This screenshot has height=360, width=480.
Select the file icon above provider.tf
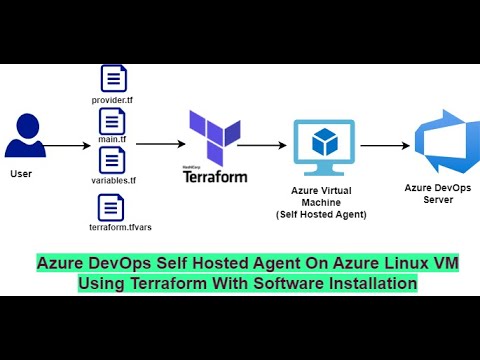click(x=112, y=78)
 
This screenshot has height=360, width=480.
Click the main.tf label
click(x=112, y=139)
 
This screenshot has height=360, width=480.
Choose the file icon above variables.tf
click(x=112, y=160)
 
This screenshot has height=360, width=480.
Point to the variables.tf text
click(x=112, y=181)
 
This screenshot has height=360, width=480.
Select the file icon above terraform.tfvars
click(x=112, y=207)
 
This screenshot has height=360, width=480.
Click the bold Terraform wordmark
click(x=215, y=176)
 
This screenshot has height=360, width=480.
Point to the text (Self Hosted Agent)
click(x=322, y=215)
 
